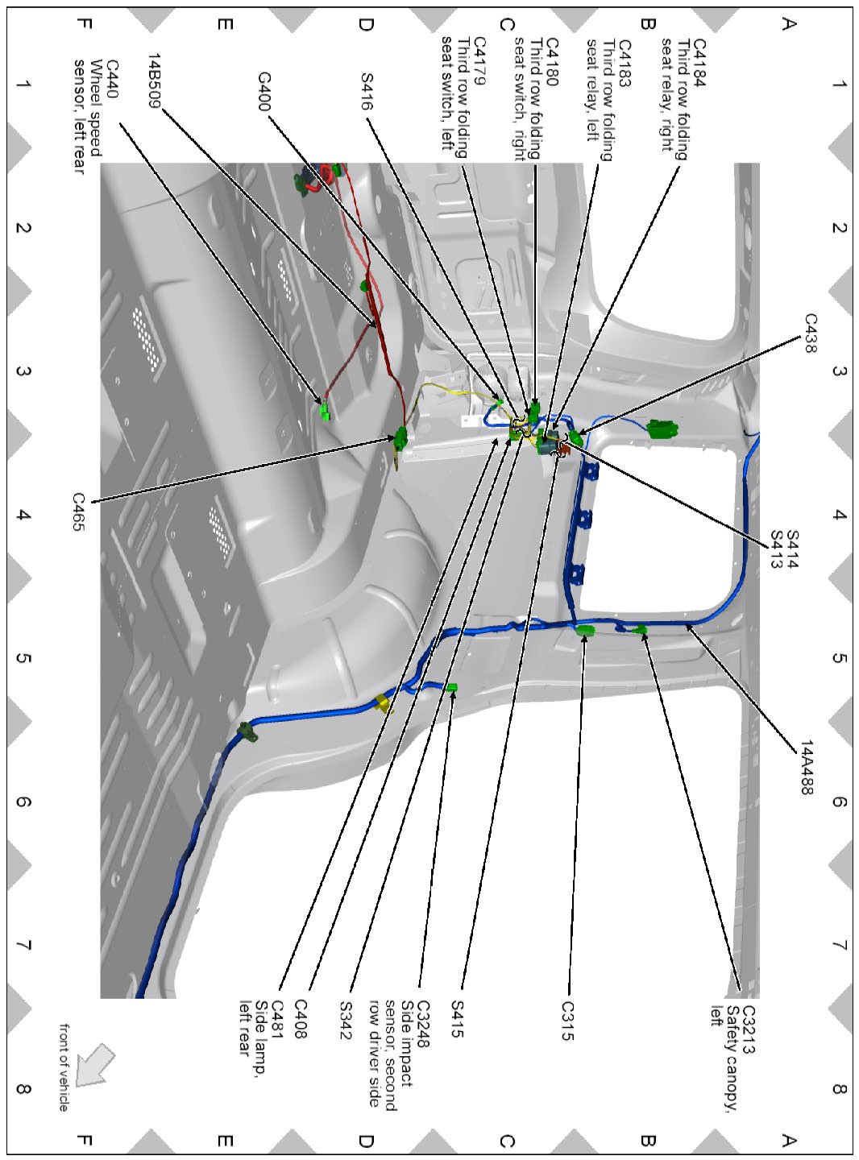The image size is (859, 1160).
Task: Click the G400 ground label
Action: [264, 91]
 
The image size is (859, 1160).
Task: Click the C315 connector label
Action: [567, 1021]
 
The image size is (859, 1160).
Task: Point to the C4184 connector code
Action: [699, 60]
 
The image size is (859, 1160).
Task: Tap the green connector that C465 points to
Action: [400, 438]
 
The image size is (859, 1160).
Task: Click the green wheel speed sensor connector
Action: [325, 413]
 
